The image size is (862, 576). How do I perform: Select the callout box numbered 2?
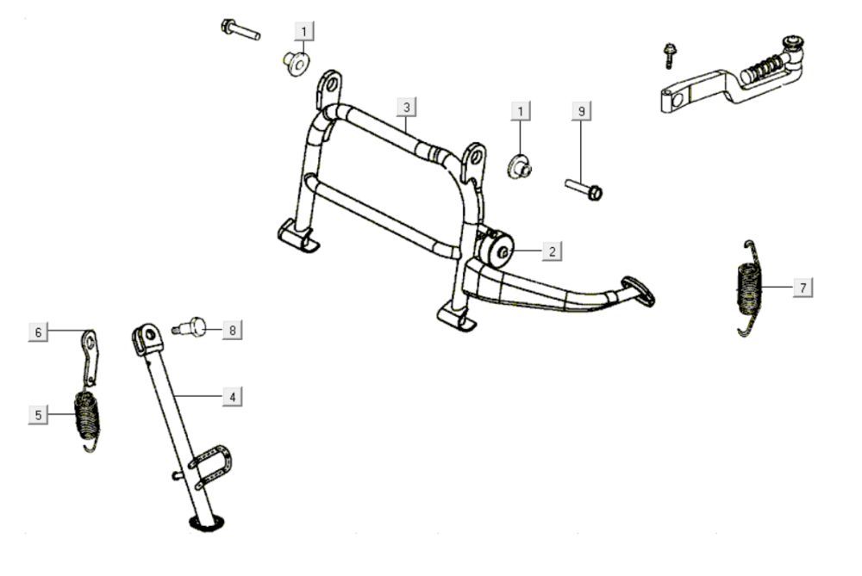(553, 251)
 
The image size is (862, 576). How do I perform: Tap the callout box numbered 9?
(582, 111)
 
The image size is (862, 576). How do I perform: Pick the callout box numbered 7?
(803, 288)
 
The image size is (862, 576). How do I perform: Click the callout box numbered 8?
(230, 329)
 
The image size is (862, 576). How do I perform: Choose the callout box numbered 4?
(230, 397)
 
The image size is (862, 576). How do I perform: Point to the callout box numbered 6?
(38, 331)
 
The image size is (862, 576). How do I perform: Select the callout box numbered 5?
(38, 415)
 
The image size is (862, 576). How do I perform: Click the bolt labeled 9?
(584, 187)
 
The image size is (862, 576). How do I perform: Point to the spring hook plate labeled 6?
(92, 352)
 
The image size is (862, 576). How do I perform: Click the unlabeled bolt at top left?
(240, 30)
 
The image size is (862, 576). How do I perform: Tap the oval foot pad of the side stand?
(206, 522)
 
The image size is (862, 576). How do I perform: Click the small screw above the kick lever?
(669, 56)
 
